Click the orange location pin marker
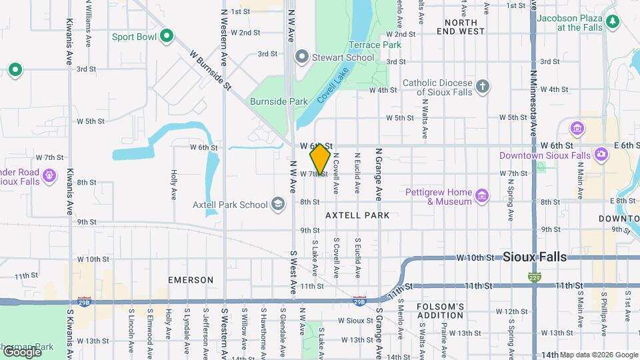pyautogui.click(x=320, y=159)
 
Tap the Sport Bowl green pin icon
pyautogui.click(x=167, y=36)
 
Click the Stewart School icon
pyautogui.click(x=302, y=57)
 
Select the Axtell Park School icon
pyautogui.click(x=278, y=204)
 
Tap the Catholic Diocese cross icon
pyautogui.click(x=483, y=86)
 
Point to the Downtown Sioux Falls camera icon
pyautogui.click(x=601, y=155)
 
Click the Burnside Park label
pyautogui.click(x=279, y=101)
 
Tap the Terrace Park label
pyautogui.click(x=374, y=45)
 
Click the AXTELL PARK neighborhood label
pyautogui.click(x=357, y=215)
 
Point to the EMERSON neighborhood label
pyautogui.click(x=191, y=280)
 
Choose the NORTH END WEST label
pyautogui.click(x=461, y=27)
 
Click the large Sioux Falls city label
pyautogui.click(x=535, y=257)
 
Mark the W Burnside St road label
pyautogui.click(x=210, y=69)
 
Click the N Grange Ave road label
pyautogui.click(x=378, y=174)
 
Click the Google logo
pyautogui.click(x=21, y=351)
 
